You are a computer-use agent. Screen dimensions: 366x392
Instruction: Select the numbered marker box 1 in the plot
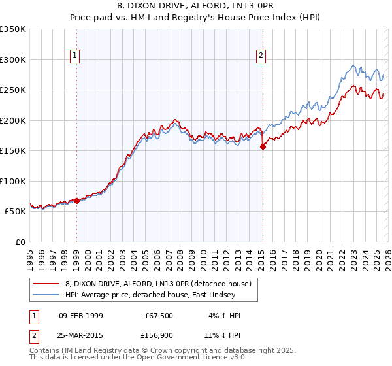(76, 56)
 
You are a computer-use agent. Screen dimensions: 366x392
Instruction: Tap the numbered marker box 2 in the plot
(261, 56)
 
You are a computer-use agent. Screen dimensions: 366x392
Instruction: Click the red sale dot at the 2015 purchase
(263, 146)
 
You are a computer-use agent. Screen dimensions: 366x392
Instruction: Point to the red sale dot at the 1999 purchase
(76, 201)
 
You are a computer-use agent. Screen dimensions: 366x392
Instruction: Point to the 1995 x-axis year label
(30, 258)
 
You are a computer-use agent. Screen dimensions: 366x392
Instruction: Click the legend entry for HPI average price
(161, 295)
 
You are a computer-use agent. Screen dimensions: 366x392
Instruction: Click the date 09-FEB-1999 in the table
(81, 316)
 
